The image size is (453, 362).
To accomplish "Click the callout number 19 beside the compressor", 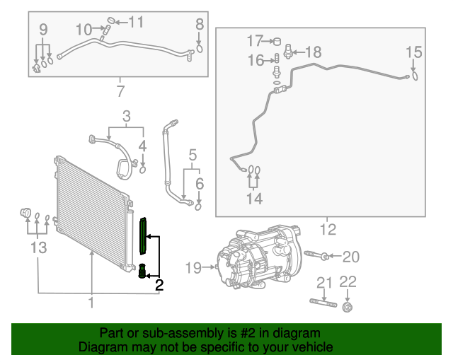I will coord(193,267).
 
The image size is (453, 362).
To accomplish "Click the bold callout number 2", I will coord(159,286).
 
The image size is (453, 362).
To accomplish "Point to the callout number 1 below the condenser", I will coord(91,303).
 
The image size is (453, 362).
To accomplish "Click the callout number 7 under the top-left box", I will coord(120,91).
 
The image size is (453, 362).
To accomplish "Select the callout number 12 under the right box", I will coord(327,229).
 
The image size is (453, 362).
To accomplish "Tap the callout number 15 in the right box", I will coord(413,52).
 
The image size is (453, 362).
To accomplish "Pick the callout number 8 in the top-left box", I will coord(199,24).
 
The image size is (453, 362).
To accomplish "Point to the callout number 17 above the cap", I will coord(254,40).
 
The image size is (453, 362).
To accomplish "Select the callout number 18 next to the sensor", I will coord(313,52).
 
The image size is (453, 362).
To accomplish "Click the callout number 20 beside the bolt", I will coord(351,256).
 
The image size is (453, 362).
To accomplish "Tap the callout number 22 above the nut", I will coord(348,282).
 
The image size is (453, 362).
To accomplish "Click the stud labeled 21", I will coord(322,303).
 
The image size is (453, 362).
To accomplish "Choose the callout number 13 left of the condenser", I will coord(38,247).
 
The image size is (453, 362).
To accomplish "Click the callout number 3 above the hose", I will coord(127,116).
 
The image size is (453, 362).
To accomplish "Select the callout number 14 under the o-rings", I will coord(254,199).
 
